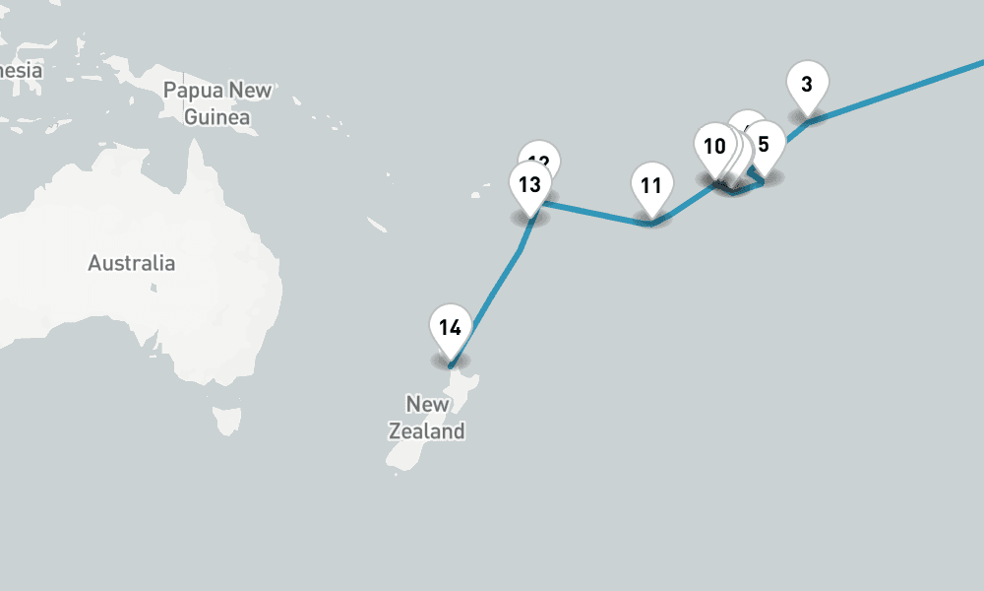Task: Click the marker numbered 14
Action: click(450, 328)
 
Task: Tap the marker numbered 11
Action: click(650, 186)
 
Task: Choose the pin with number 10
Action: click(713, 147)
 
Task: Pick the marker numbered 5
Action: click(766, 142)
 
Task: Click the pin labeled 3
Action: click(807, 85)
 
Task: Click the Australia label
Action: click(131, 263)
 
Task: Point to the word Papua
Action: click(194, 91)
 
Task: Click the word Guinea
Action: click(216, 117)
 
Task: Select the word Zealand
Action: click(426, 431)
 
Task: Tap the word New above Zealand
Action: click(427, 404)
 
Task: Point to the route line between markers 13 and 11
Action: click(590, 214)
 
